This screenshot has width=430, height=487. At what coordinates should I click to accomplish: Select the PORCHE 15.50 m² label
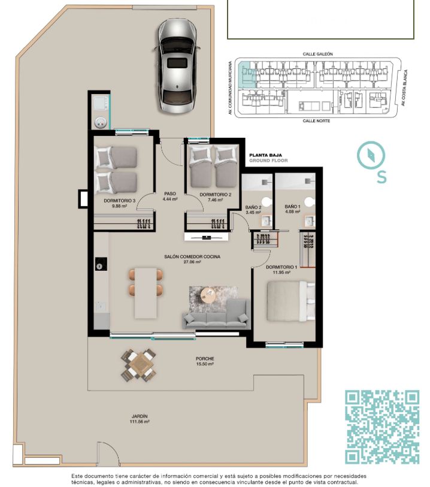click(x=205, y=361)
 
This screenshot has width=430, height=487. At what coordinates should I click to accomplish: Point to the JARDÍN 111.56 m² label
click(x=140, y=419)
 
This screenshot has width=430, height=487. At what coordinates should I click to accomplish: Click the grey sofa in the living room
click(x=216, y=314)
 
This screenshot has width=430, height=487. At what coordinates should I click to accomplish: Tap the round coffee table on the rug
click(x=208, y=295)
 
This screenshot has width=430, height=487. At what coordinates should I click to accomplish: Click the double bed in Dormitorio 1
click(x=291, y=301)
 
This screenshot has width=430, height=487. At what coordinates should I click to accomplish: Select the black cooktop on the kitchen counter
click(x=101, y=265)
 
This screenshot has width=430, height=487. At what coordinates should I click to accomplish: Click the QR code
click(x=382, y=427)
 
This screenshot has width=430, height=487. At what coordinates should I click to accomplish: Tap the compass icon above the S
click(x=371, y=155)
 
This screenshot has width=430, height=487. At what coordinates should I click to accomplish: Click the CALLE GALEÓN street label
click(x=317, y=54)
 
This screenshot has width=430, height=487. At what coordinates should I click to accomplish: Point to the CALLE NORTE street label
click(x=316, y=120)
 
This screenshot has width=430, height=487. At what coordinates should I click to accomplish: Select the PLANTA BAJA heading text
click(x=266, y=155)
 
